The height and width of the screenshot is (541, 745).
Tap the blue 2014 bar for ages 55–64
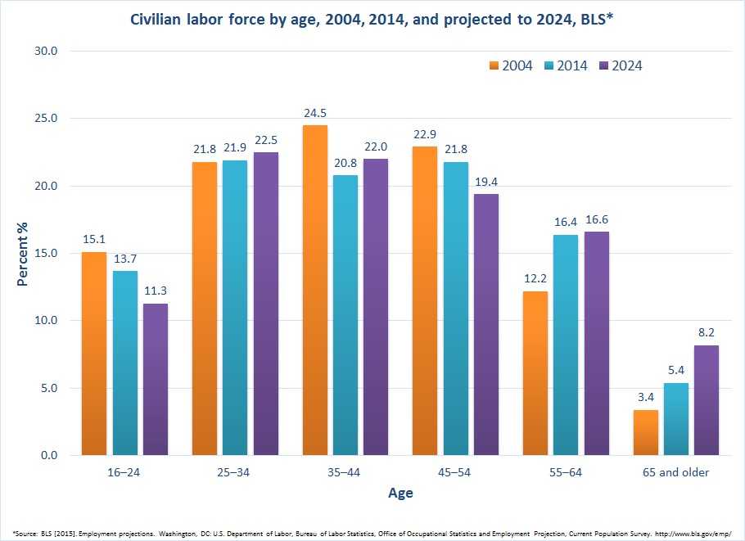(x=565, y=345)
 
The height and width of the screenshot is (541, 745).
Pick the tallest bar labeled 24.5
(x=314, y=290)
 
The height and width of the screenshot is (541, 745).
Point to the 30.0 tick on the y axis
(x=46, y=51)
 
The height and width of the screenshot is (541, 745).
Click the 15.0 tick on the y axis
(x=46, y=253)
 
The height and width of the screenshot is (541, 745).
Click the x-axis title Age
(x=400, y=494)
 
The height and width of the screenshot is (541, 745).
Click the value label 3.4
(x=646, y=399)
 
